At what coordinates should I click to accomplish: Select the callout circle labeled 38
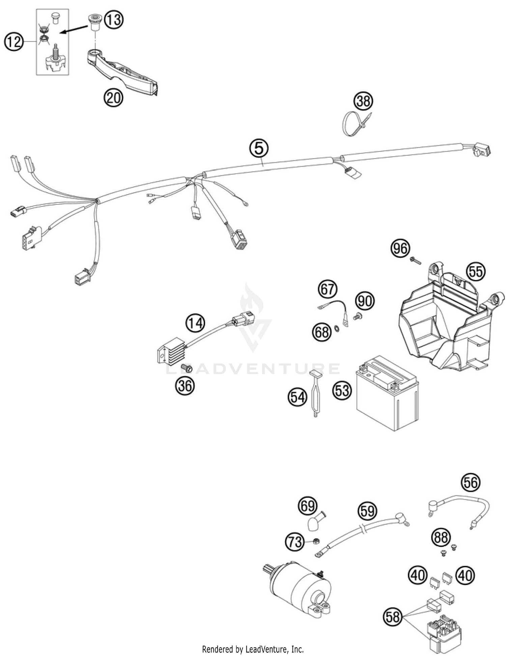363,101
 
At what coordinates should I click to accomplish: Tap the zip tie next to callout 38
354,124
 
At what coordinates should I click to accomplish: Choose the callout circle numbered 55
476,271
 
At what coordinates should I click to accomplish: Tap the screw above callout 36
186,367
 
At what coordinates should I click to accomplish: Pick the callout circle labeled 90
365,301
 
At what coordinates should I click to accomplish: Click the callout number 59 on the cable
367,511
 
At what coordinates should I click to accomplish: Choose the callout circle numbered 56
471,482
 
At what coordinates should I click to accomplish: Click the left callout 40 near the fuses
418,575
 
